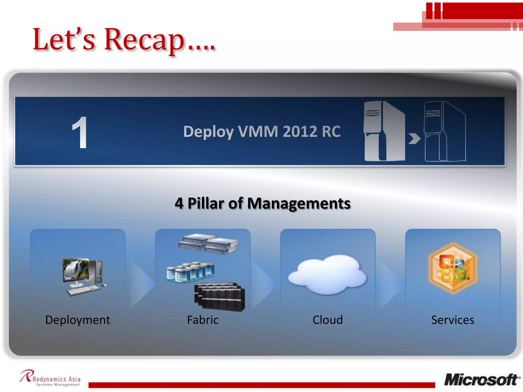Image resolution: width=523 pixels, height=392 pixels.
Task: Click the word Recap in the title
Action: pyautogui.click(x=144, y=40)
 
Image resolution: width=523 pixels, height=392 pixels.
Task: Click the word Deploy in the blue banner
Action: pyautogui.click(x=208, y=132)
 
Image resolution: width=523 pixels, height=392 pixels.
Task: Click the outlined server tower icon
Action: pyautogui.click(x=445, y=131)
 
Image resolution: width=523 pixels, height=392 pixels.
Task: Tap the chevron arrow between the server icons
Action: pyautogui.click(x=414, y=139)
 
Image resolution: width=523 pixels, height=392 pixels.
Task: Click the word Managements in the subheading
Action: pyautogui.click(x=299, y=203)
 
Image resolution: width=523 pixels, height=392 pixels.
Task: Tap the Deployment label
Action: pyautogui.click(x=78, y=320)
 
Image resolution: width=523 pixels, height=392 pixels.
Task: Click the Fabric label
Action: pyautogui.click(x=203, y=320)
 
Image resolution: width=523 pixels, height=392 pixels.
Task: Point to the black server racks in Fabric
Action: pyautogui.click(x=220, y=297)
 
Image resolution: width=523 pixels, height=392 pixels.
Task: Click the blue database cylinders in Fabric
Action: pyautogui.click(x=191, y=272)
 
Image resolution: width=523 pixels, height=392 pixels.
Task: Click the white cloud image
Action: pyautogui.click(x=327, y=274)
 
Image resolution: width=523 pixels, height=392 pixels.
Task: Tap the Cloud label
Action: pyautogui.click(x=328, y=320)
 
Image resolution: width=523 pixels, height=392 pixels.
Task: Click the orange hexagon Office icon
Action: pyautogui.click(x=453, y=268)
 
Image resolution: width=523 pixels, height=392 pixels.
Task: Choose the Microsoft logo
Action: pyautogui.click(x=482, y=380)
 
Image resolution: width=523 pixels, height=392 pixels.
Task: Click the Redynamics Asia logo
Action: pyautogui.click(x=50, y=378)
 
